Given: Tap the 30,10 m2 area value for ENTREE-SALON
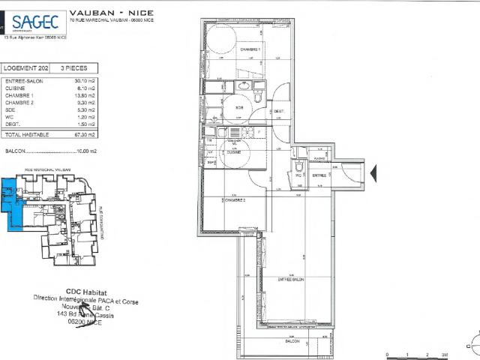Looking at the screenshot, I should coord(85,80).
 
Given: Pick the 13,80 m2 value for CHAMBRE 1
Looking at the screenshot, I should coord(85,95).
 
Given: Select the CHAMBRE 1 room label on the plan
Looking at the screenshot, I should coord(250,49).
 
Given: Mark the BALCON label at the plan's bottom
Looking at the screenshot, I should coord(292,341).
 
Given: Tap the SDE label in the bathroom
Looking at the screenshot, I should coord(240,107).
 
